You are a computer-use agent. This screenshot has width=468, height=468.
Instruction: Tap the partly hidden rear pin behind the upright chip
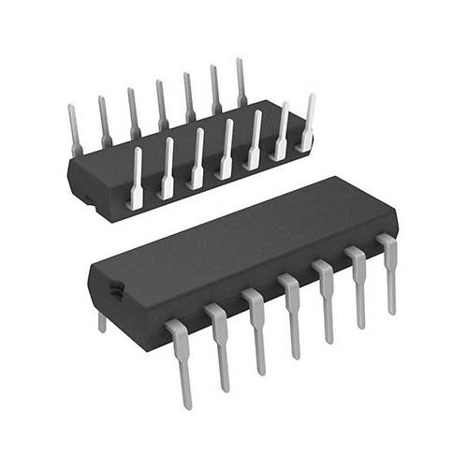[102, 322]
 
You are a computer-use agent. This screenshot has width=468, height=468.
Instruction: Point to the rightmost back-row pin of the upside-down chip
[241, 82]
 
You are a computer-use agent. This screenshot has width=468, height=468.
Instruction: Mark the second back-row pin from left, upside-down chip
[103, 121]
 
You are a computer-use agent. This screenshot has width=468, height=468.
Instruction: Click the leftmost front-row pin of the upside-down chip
[137, 178]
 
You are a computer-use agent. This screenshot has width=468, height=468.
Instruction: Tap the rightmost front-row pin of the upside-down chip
[307, 122]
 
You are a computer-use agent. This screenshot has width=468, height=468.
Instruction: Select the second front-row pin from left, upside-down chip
[167, 168]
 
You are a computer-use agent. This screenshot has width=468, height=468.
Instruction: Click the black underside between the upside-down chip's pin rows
[178, 140]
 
